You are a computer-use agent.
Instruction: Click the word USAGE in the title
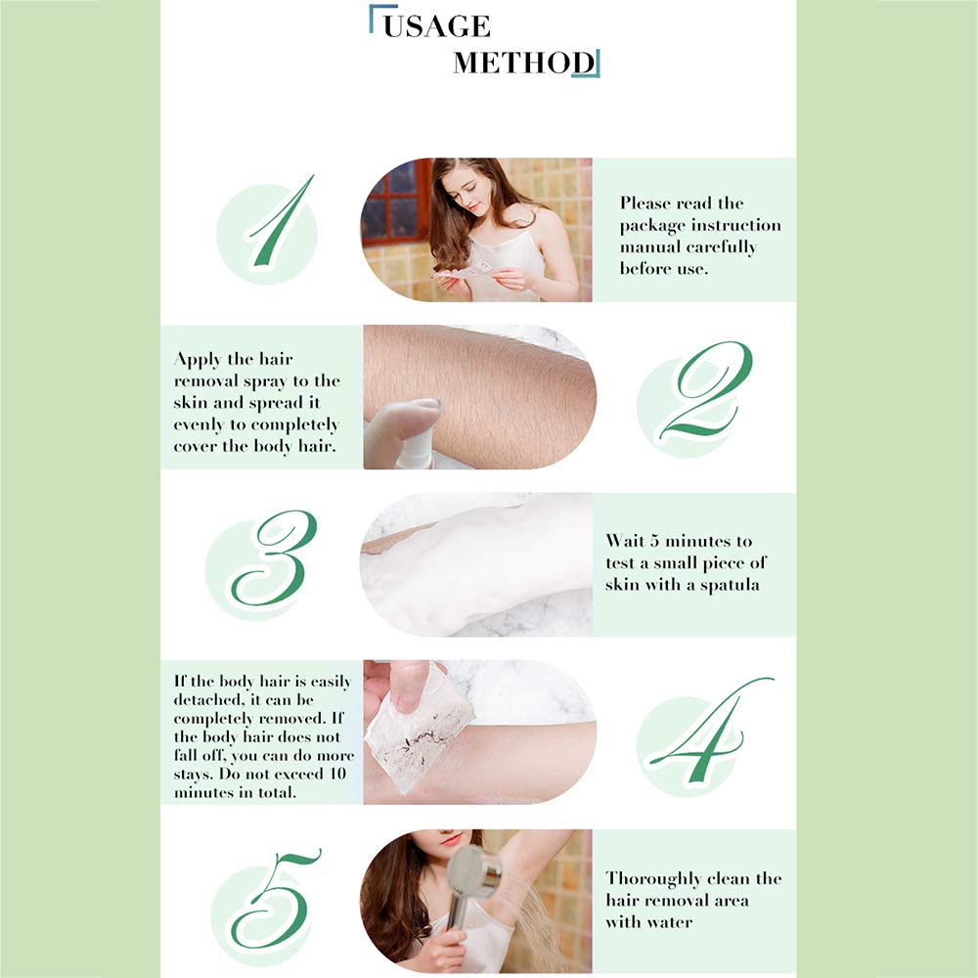[436, 25]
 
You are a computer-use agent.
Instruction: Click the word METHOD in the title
[523, 63]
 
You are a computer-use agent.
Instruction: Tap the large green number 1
[280, 223]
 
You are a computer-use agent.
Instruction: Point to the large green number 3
[274, 558]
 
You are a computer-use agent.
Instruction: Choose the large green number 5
[275, 898]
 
